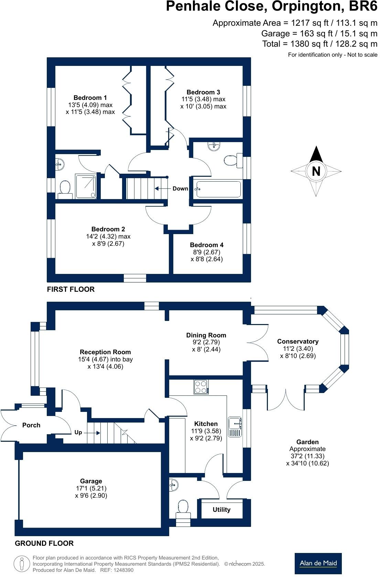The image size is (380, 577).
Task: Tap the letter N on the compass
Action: [316, 171]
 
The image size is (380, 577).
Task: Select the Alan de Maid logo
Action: [318, 563]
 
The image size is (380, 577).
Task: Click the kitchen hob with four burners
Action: [201, 387]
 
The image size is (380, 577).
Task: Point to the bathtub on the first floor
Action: [218, 189]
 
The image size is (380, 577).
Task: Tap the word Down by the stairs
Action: [180, 188]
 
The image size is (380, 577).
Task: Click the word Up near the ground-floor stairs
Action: [78, 432]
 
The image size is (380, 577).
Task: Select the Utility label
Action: [221, 510]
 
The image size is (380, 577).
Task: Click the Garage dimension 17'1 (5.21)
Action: [91, 488]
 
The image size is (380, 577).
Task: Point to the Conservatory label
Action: [298, 341]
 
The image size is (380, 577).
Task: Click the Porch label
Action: [31, 425]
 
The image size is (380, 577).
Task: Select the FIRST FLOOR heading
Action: [70, 289]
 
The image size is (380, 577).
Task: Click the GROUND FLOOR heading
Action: [44, 543]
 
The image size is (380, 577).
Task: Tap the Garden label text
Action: [307, 442]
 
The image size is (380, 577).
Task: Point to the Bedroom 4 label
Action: [207, 245]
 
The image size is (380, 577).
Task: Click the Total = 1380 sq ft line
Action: [319, 44]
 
